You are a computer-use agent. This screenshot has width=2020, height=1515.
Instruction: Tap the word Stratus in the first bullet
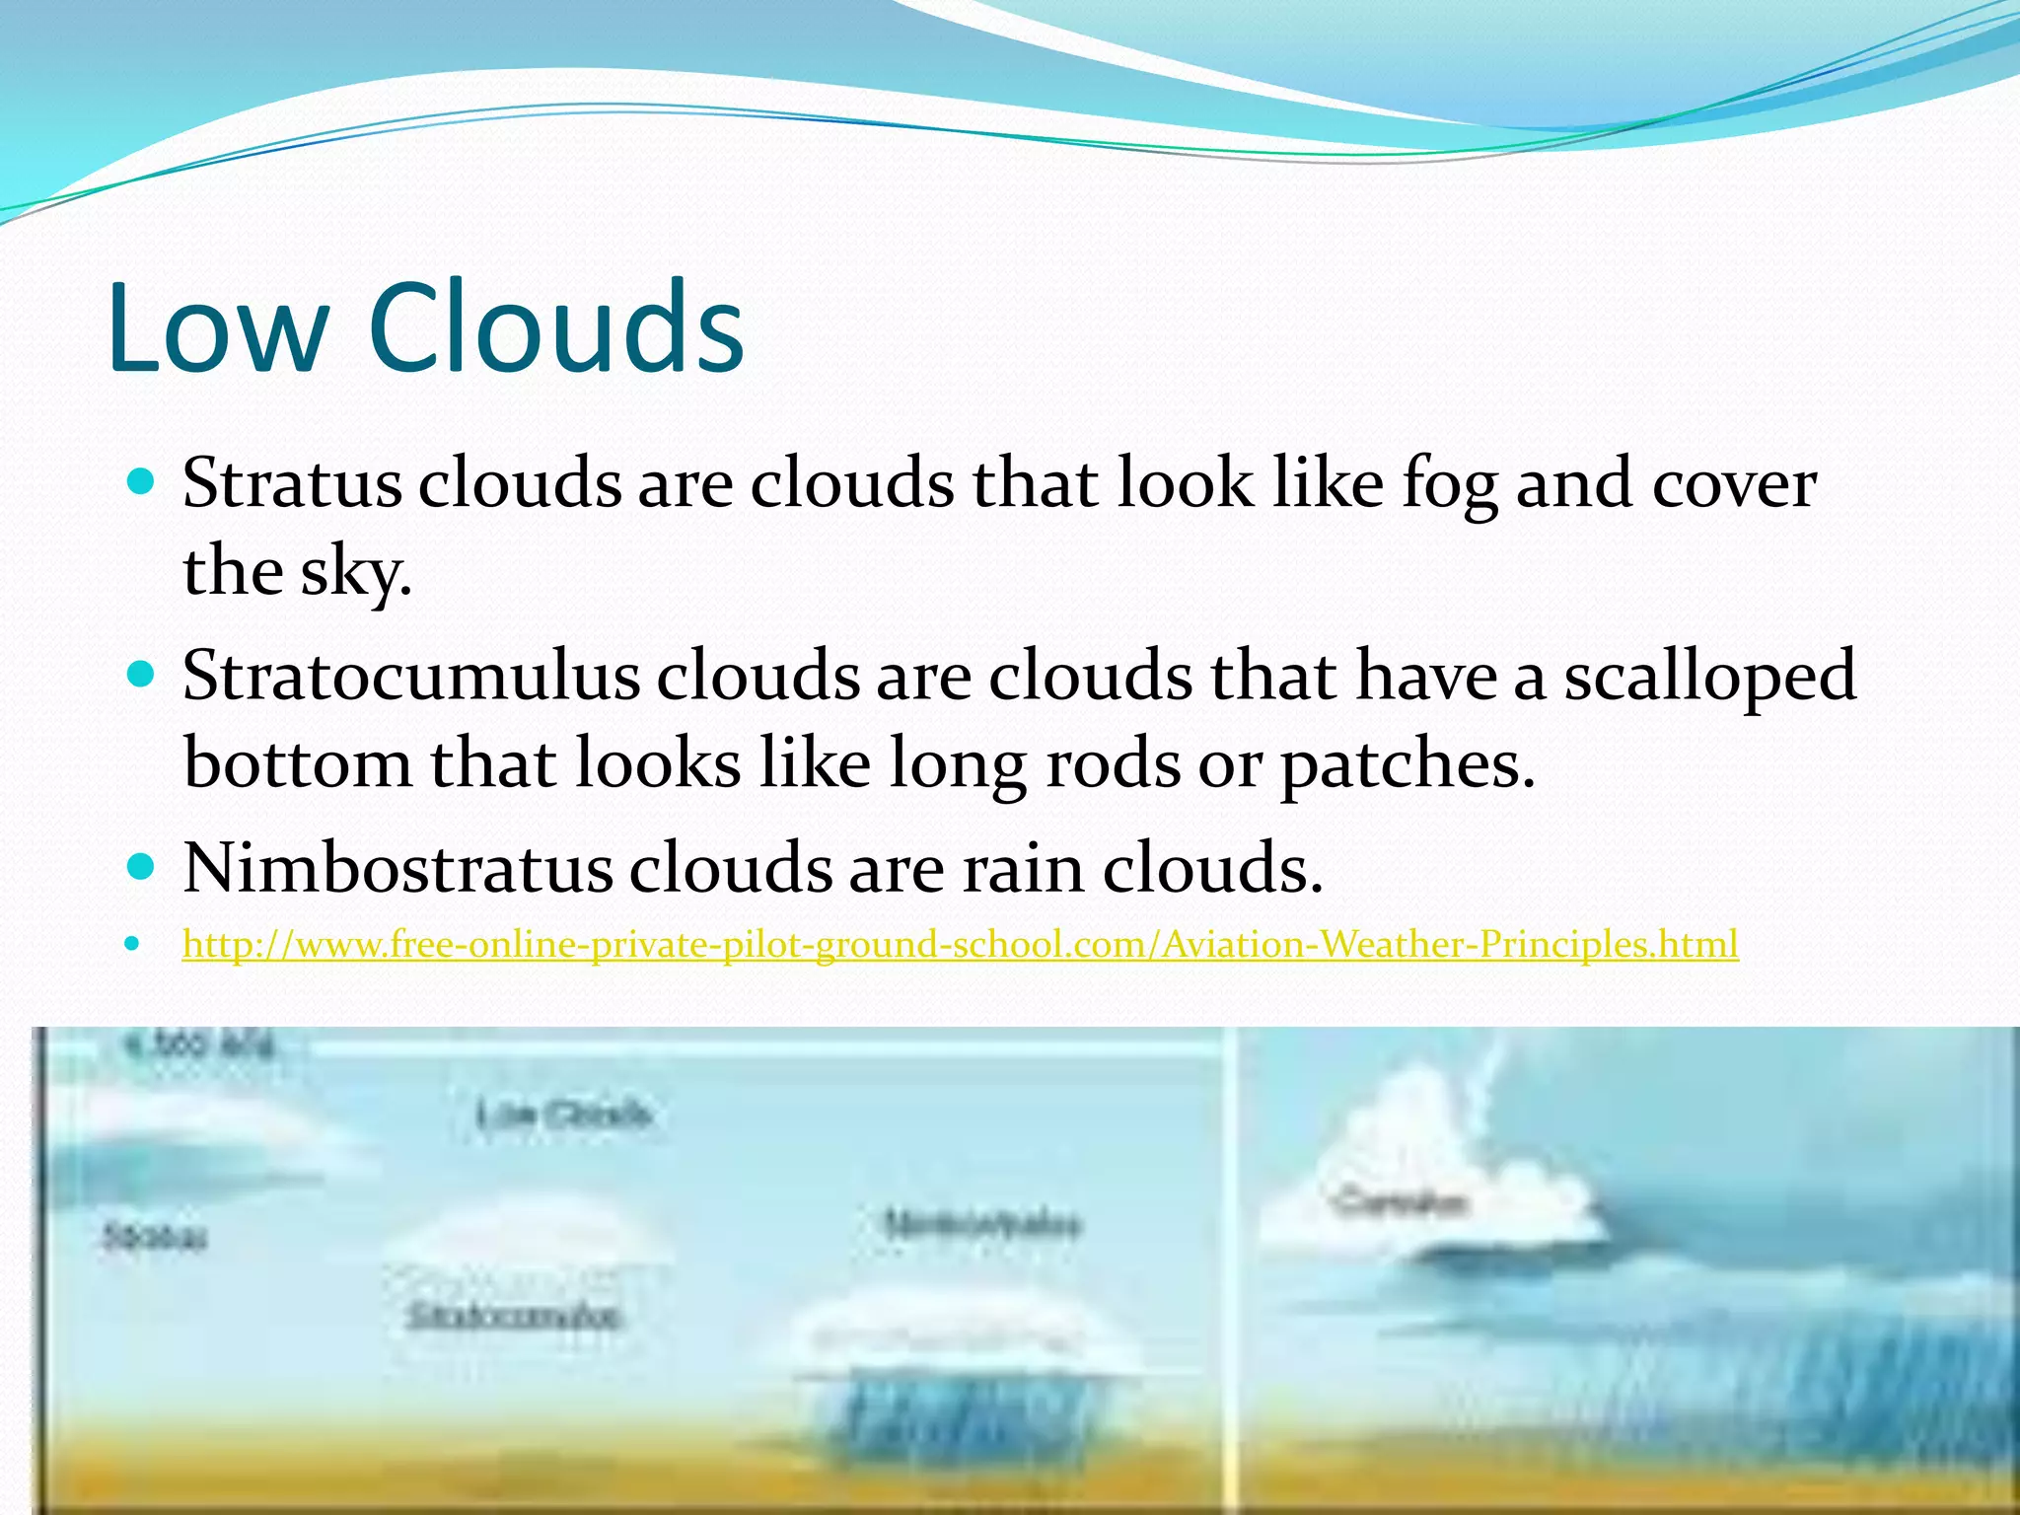tap(292, 485)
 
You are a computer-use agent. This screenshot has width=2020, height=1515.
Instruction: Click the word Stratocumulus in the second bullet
tap(410, 677)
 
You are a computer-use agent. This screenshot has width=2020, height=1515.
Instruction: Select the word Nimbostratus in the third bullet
tap(397, 868)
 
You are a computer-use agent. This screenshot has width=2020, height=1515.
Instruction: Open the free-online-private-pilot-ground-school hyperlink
tap(960, 945)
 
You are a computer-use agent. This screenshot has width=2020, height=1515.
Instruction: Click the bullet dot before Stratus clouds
tap(143, 483)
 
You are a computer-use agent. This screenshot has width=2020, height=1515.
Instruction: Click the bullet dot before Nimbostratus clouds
tap(143, 868)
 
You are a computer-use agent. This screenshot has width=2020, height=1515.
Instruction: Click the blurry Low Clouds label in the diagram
tap(564, 1116)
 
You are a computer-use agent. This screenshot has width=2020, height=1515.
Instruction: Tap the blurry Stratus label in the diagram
tap(155, 1237)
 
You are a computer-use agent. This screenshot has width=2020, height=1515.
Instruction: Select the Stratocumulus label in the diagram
tap(514, 1316)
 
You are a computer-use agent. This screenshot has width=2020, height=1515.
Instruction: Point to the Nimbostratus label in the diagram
tap(981, 1224)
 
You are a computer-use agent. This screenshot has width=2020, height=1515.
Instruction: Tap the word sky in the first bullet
tap(355, 572)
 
